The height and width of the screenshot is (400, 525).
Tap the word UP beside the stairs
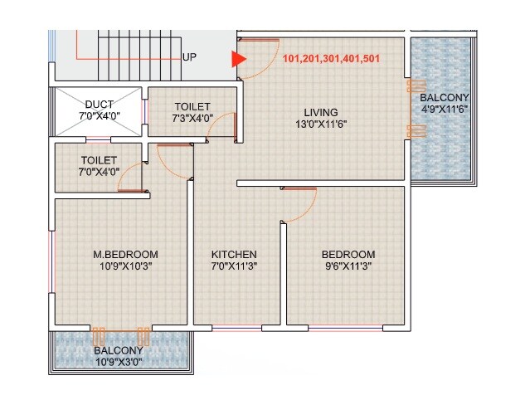189,58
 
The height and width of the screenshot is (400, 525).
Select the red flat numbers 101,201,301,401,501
331,59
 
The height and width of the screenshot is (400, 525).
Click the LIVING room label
320,113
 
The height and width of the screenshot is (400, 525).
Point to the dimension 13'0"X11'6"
320,125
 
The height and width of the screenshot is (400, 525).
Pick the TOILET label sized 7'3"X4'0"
192,106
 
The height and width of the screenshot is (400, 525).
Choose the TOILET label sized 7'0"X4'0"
99,159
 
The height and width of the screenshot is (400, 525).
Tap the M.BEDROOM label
125,254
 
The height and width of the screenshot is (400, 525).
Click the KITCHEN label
234,254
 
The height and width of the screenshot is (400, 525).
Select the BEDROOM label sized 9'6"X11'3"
348,254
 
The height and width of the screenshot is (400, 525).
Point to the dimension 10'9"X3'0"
123,363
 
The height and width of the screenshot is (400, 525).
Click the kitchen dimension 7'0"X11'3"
234,266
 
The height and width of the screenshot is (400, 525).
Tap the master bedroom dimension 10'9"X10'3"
125,266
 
